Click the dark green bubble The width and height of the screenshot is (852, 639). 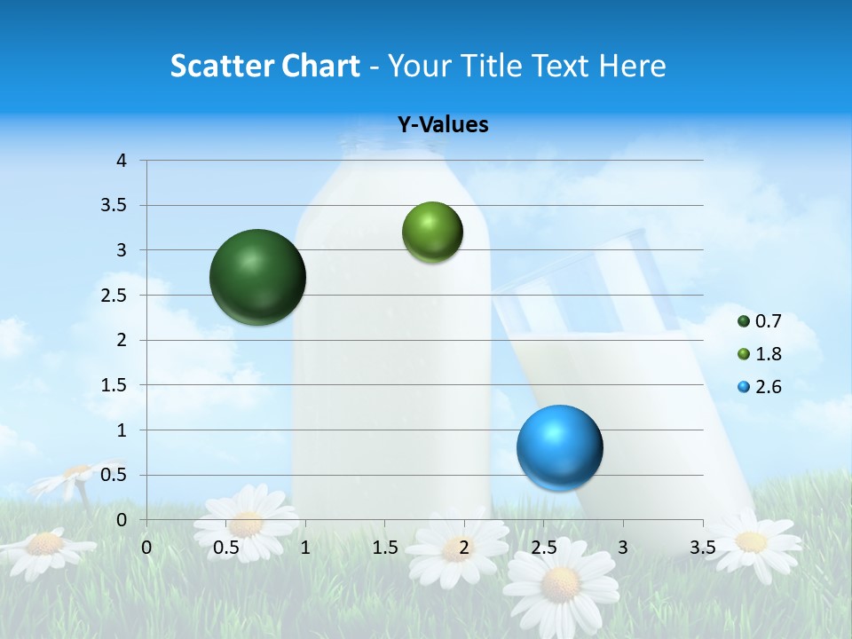pos(257,277)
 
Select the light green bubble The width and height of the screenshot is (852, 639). pos(432,232)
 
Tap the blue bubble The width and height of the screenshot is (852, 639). pos(559,447)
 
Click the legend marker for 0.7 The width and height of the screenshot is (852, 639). pos(744,321)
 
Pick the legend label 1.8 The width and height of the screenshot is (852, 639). pos(769,354)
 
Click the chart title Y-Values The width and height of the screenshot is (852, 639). pos(443,125)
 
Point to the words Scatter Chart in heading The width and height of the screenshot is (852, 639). pos(264,66)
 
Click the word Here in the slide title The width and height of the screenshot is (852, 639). pos(631,66)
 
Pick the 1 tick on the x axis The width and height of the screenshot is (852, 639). pos(305,547)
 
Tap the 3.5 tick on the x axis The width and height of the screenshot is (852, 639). pos(702,547)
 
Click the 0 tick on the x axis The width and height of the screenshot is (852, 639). pos(146,547)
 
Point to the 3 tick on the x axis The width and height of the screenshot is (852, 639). pos(623,547)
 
